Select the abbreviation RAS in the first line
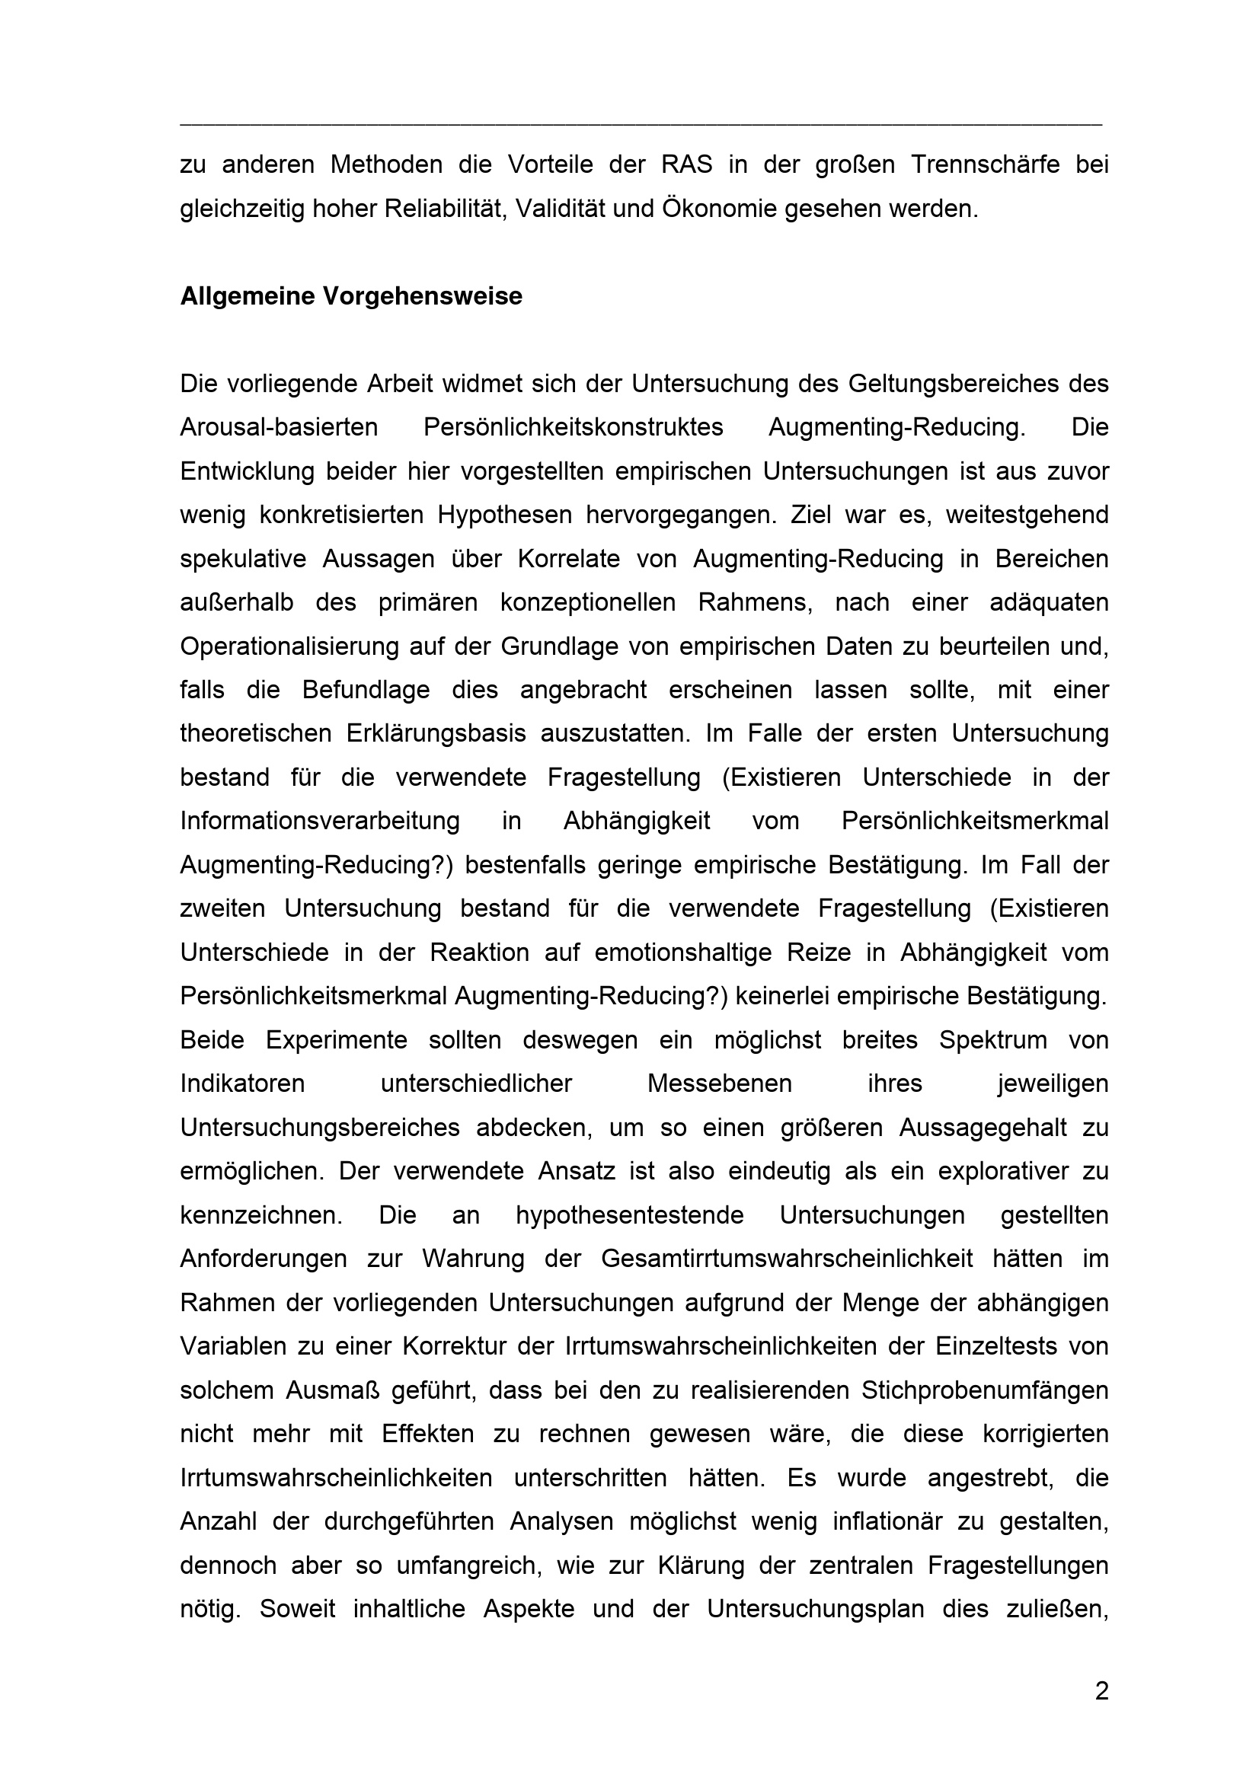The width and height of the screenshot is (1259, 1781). pos(683,165)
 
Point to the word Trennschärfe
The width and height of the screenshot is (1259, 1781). pos(985,165)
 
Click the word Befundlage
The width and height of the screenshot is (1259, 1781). pos(366,691)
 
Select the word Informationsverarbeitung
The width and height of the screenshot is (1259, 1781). pos(320,822)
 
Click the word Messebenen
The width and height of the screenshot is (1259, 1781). pos(720,1084)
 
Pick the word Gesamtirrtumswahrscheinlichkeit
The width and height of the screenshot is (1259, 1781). pos(787,1259)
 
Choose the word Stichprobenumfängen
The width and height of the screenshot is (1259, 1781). pos(984,1390)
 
